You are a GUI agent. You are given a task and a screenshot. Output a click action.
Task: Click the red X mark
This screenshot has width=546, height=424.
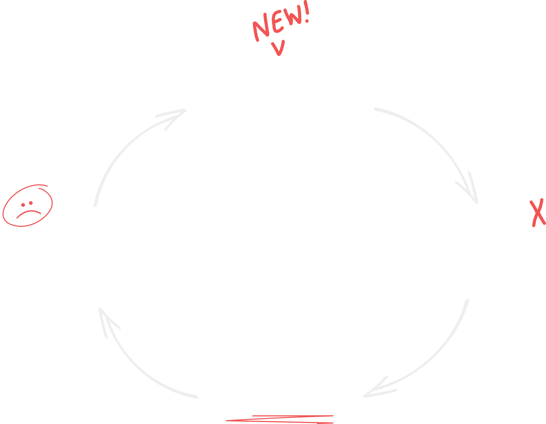[x=538, y=214]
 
